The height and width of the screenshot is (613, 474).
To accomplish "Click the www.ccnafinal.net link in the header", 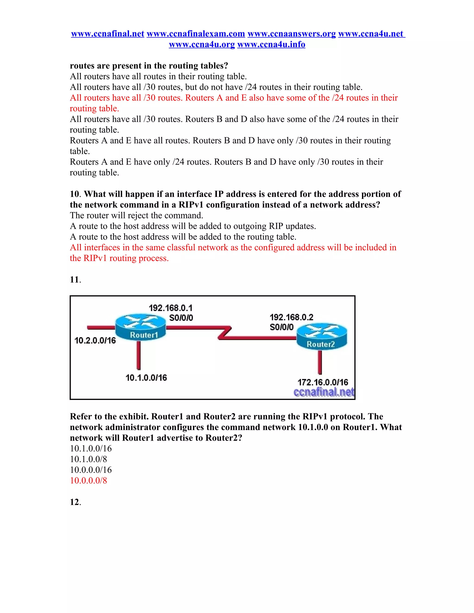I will tap(108, 34).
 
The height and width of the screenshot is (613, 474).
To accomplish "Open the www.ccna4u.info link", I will tap(271, 44).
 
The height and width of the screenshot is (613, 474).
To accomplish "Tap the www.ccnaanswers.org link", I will tap(291, 34).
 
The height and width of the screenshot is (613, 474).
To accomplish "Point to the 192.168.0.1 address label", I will tap(170, 308).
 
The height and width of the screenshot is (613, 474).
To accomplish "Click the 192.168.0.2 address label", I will tap(291, 317).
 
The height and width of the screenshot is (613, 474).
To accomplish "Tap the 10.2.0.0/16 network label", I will tap(95, 341).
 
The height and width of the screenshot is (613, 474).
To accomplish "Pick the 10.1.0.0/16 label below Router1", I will tap(146, 378).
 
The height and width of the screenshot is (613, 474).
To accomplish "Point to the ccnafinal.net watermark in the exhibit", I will tap(324, 392).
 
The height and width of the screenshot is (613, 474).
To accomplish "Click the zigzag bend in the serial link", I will tap(225, 333).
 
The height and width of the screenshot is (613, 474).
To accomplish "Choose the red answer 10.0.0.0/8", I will tap(88, 480).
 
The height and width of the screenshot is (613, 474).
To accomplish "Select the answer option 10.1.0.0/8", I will tap(88, 459).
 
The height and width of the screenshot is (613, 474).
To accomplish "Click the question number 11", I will tap(75, 280).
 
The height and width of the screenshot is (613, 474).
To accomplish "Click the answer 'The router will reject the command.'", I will tap(137, 215).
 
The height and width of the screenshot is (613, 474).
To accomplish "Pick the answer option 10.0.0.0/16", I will tap(91, 470).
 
